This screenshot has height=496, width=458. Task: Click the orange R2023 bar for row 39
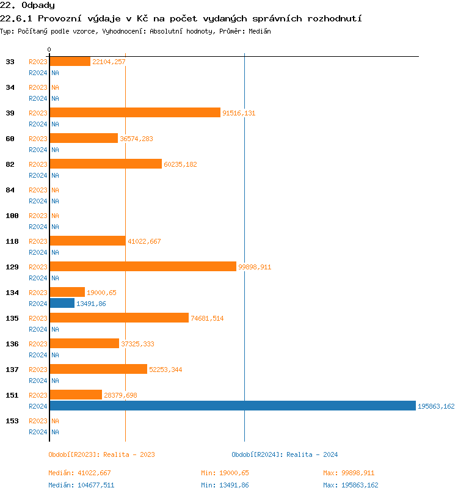point(135,112)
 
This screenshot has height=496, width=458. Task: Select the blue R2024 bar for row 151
point(232,406)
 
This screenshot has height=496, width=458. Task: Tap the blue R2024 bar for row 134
point(62,303)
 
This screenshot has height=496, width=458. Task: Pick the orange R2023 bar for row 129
point(143,266)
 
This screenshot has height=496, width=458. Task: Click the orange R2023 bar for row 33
point(70,61)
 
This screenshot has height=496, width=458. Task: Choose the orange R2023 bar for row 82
point(106,164)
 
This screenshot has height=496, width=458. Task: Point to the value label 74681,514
point(207,318)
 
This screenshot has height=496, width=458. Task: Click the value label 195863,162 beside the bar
point(436,406)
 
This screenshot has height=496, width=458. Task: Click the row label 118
point(12,241)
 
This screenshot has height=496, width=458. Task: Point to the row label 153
point(12,421)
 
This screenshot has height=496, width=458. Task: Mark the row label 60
point(10,139)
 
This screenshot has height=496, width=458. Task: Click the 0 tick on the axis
point(49,49)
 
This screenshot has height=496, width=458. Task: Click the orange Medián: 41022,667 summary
point(79,473)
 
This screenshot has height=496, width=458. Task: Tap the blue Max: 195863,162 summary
point(351,485)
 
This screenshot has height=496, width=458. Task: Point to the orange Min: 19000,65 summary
point(225,473)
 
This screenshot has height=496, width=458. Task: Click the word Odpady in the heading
point(38,5)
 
